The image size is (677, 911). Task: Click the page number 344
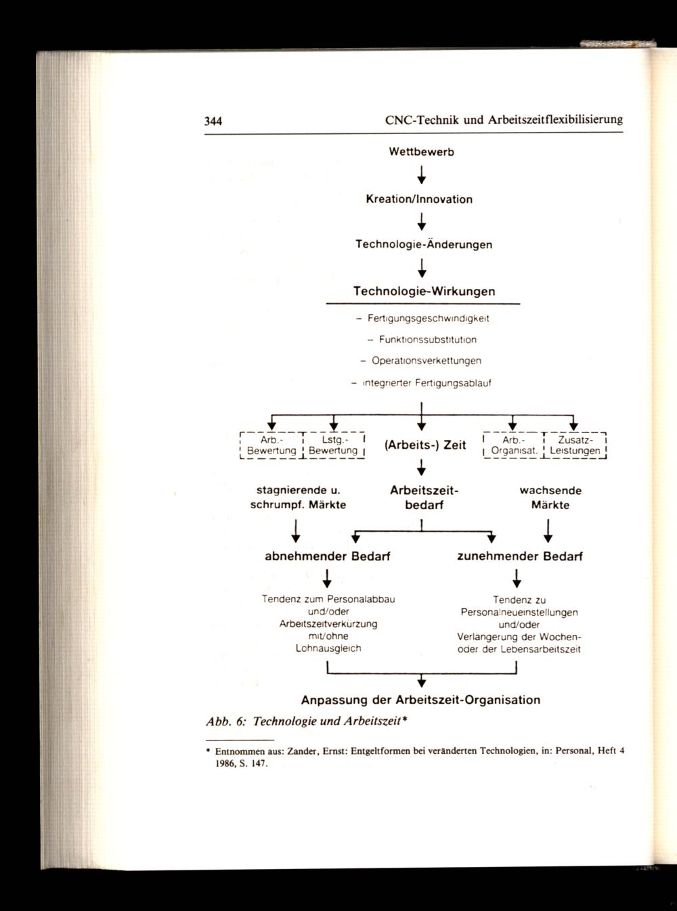click(x=214, y=122)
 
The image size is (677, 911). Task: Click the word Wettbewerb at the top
click(x=421, y=152)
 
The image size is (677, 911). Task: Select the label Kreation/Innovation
click(x=419, y=200)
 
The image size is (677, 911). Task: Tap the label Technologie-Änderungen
click(x=424, y=244)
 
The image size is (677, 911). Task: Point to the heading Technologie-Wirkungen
click(x=424, y=292)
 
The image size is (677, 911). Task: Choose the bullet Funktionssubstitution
click(x=422, y=339)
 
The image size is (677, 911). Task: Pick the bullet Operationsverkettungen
click(x=421, y=361)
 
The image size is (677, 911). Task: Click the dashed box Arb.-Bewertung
click(x=271, y=445)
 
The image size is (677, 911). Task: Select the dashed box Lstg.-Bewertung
click(x=333, y=445)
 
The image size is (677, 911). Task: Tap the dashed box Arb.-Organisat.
click(x=512, y=445)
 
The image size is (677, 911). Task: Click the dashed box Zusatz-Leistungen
click(x=575, y=445)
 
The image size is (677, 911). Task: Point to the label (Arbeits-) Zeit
click(x=424, y=445)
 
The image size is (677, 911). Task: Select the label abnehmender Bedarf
click(x=328, y=557)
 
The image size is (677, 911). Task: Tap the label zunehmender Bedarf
click(x=520, y=557)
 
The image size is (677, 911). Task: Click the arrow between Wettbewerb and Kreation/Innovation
click(x=421, y=176)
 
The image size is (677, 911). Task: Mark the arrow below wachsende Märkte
click(x=548, y=531)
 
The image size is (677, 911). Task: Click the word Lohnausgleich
click(x=328, y=648)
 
